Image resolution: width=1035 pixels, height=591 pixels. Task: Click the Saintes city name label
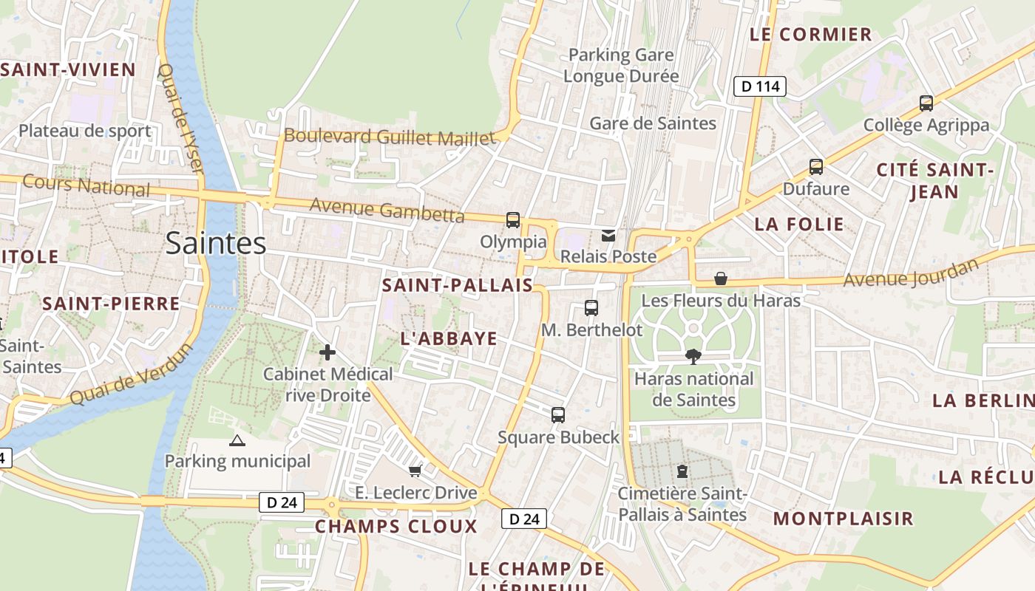[x=215, y=243]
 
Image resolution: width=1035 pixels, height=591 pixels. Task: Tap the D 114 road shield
[x=760, y=86]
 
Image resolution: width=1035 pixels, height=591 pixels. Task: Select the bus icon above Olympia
[x=513, y=219]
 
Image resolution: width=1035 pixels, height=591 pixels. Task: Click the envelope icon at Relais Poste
[x=608, y=235]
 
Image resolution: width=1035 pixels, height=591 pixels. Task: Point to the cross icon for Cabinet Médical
[x=328, y=352]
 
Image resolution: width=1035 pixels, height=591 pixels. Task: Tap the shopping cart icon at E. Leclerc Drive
[x=415, y=471]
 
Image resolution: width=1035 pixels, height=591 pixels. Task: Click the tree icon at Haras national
[x=693, y=357]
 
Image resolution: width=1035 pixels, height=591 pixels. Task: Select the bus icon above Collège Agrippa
[x=926, y=103]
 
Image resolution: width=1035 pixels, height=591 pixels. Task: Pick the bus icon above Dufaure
[x=816, y=167]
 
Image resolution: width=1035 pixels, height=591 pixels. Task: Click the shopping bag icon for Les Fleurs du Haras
[x=721, y=279]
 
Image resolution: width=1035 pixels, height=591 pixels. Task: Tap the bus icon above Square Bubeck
[x=558, y=415]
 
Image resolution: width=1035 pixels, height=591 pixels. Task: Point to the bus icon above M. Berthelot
[x=591, y=308]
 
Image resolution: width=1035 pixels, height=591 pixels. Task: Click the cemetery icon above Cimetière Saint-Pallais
[x=682, y=471]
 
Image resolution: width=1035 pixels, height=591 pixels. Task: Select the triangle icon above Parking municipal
[x=237, y=441]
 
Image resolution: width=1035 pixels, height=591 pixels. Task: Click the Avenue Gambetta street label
[x=387, y=210]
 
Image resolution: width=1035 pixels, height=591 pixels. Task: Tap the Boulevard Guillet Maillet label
[x=390, y=137]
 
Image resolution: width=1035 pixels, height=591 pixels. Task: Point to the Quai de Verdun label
[x=130, y=375]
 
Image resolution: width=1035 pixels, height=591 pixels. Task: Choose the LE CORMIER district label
[x=811, y=34]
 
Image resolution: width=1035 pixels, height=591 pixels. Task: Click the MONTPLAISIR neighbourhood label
[x=844, y=518]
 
